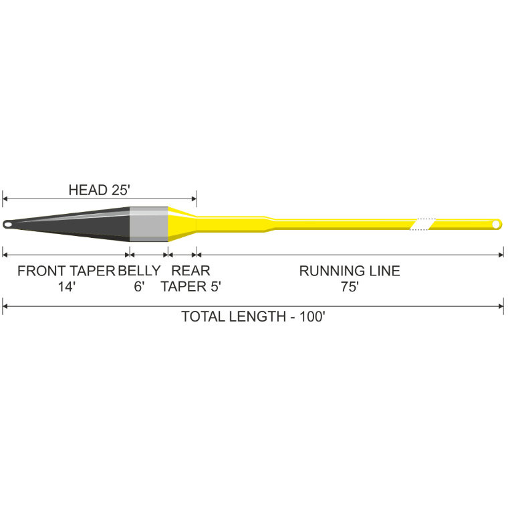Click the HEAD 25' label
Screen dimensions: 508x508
pyautogui.click(x=99, y=190)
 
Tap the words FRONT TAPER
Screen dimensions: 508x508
pyautogui.click(x=66, y=271)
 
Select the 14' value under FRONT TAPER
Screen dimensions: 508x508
pyautogui.click(x=67, y=287)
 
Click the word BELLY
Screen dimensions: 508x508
pyautogui.click(x=139, y=271)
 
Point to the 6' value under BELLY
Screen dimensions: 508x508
pyautogui.click(x=139, y=287)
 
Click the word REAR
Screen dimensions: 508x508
pyautogui.click(x=190, y=271)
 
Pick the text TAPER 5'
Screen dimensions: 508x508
pyautogui.click(x=190, y=287)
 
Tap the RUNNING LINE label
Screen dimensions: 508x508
pyautogui.click(x=350, y=271)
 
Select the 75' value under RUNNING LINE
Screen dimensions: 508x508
pyautogui.click(x=350, y=287)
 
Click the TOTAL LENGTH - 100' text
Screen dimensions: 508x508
pyautogui.click(x=253, y=317)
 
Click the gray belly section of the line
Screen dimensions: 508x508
pyautogui.click(x=148, y=224)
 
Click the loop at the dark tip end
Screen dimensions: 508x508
pyautogui.click(x=7, y=224)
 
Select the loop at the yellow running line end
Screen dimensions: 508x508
pyautogui.click(x=496, y=224)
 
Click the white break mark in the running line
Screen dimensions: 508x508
pyautogui.click(x=422, y=224)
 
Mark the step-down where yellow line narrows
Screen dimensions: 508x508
pyautogui.click(x=269, y=224)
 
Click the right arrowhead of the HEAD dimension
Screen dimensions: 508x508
pyautogui.click(x=194, y=199)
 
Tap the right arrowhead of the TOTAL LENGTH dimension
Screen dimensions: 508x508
pyautogui.click(x=501, y=306)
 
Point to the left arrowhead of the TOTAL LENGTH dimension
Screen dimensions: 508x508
pyautogui.click(x=5, y=306)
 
